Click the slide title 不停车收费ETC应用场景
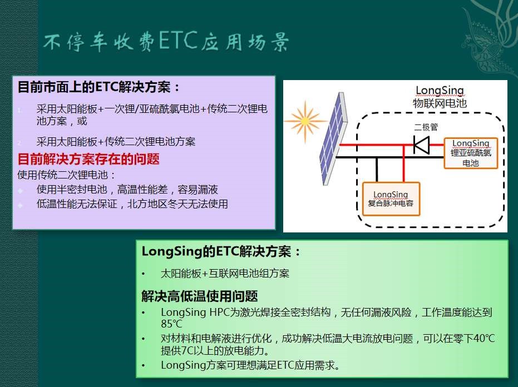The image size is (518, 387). pyautogui.click(x=166, y=42)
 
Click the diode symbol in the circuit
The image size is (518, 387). pyautogui.click(x=422, y=145)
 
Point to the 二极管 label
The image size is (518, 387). pyautogui.click(x=426, y=127)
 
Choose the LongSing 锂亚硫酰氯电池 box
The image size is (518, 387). pyautogui.click(x=471, y=153)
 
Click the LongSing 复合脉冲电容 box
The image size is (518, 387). pyautogui.click(x=391, y=199)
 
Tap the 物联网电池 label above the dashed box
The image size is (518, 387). pyautogui.click(x=440, y=103)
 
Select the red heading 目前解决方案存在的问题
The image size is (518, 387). pyautogui.click(x=88, y=159)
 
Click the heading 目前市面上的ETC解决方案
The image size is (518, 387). pyautogui.click(x=99, y=87)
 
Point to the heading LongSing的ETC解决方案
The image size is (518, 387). pyautogui.click(x=221, y=252)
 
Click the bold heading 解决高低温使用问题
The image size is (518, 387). pyautogui.click(x=200, y=296)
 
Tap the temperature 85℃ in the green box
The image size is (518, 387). pyautogui.click(x=171, y=324)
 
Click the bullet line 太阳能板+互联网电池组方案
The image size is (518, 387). pyautogui.click(x=225, y=274)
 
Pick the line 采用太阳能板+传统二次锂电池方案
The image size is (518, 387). pyautogui.click(x=116, y=142)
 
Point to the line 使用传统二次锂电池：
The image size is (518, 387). pyautogui.click(x=66, y=175)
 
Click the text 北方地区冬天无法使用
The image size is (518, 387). pyautogui.click(x=177, y=204)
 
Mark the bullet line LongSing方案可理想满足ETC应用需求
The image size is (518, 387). pyautogui.click(x=250, y=365)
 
